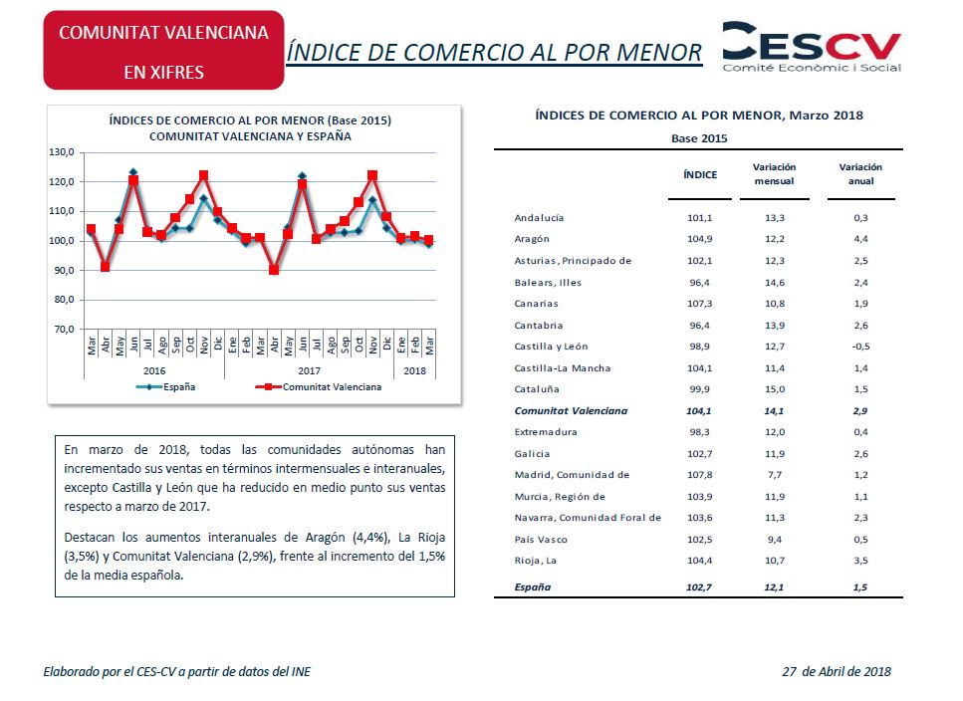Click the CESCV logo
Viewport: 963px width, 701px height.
click(x=812, y=47)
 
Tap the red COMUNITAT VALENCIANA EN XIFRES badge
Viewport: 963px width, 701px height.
click(x=163, y=51)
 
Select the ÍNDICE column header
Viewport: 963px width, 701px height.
click(x=700, y=175)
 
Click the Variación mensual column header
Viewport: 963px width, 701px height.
click(x=775, y=174)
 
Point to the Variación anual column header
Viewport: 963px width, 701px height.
click(x=860, y=174)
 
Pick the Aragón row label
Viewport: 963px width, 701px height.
click(x=532, y=239)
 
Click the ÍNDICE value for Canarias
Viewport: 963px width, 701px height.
click(x=699, y=304)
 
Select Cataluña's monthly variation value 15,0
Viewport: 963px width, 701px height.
click(x=775, y=389)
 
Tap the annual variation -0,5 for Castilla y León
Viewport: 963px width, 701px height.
click(x=860, y=347)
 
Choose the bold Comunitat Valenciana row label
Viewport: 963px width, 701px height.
click(x=571, y=411)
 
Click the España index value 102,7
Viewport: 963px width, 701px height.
click(x=699, y=587)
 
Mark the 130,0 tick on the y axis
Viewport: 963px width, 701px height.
click(x=62, y=152)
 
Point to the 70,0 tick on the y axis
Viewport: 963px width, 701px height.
click(x=64, y=329)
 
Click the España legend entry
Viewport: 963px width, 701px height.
click(x=166, y=387)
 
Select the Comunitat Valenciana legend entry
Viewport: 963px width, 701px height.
click(x=318, y=387)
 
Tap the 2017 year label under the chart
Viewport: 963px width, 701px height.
click(x=309, y=370)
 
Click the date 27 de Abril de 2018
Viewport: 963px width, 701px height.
click(x=837, y=671)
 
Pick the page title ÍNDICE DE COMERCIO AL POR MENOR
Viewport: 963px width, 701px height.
click(x=494, y=53)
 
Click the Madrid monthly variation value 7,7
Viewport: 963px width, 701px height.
click(x=775, y=475)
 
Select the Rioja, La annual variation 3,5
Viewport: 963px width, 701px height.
click(x=860, y=561)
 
